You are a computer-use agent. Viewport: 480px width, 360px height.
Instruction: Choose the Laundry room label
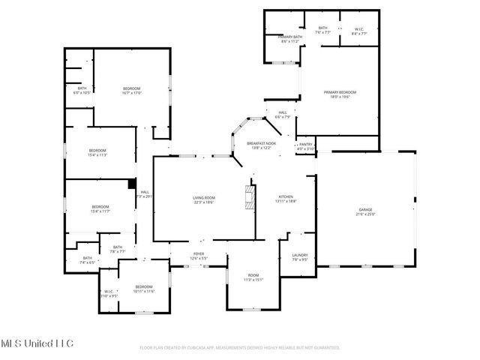click(299, 258)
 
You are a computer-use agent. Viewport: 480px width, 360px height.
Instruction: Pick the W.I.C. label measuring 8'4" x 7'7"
click(358, 31)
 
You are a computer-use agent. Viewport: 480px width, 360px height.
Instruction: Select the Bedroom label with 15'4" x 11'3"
click(98, 152)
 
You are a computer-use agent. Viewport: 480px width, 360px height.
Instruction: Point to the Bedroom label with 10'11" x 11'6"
click(144, 289)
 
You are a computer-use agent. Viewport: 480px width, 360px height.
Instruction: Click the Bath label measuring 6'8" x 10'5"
click(82, 91)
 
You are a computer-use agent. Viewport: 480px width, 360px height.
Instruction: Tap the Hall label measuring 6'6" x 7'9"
click(282, 115)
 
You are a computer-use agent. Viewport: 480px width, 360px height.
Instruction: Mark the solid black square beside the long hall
click(132, 182)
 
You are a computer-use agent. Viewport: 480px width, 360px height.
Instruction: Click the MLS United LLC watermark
click(37, 343)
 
